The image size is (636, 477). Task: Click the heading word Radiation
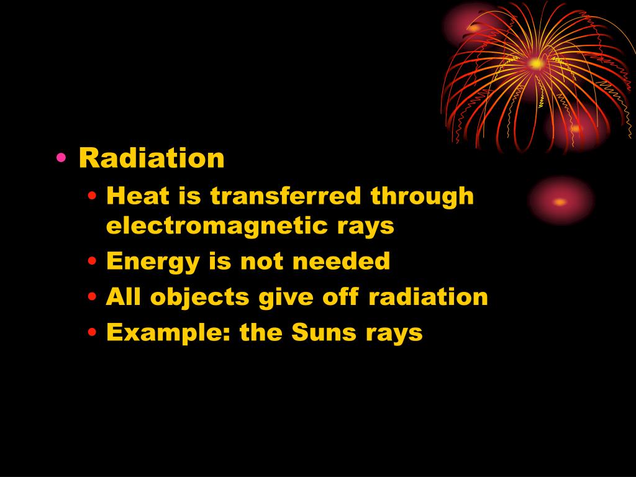tap(151, 158)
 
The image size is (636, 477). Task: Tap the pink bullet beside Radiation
tap(61, 159)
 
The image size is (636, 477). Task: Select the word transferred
tap(286, 196)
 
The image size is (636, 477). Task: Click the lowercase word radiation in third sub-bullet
tap(428, 297)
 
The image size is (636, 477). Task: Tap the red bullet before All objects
tap(93, 298)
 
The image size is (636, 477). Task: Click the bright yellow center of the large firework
tap(535, 63)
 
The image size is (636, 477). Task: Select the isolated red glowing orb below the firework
tap(560, 201)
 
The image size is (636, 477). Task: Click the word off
tap(341, 297)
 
